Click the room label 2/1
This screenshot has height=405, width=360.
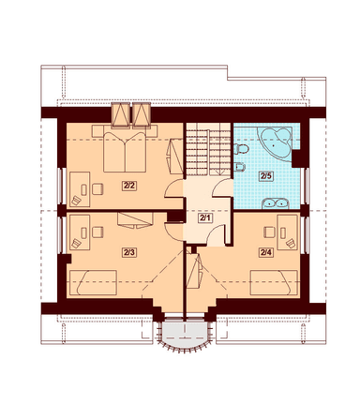[x=205, y=218]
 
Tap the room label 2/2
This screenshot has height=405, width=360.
[x=129, y=186]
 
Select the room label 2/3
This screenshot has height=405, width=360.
[x=129, y=252]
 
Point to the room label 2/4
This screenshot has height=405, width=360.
[x=265, y=252]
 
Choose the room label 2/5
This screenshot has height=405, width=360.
[x=265, y=176]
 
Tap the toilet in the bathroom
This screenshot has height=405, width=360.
[x=240, y=149]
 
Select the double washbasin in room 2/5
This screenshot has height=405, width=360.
[x=275, y=203]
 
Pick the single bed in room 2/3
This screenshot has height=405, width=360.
[x=93, y=282]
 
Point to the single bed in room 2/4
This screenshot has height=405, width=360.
[x=274, y=282]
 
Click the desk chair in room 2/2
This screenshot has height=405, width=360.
[x=97, y=189]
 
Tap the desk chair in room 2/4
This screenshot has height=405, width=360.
[x=269, y=232]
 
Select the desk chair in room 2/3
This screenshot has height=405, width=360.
[x=97, y=232]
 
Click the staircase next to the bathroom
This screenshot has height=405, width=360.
[x=208, y=149]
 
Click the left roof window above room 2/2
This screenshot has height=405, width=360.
[x=120, y=114]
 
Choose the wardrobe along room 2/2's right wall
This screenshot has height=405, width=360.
[x=175, y=157]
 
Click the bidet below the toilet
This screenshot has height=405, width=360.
[x=239, y=167]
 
